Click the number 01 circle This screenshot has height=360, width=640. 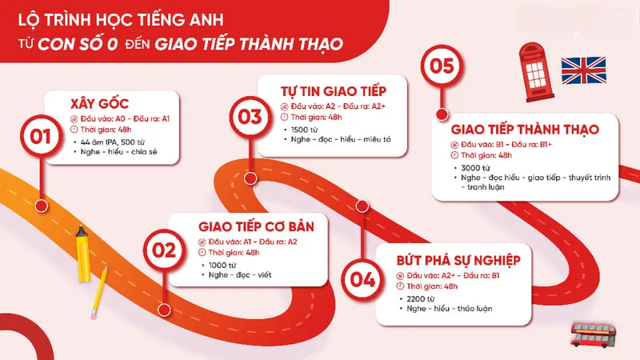35,137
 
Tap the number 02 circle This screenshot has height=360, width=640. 164,250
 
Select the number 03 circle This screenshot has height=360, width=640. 250,118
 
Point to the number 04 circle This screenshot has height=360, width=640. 362,280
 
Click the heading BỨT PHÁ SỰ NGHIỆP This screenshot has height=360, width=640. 458,260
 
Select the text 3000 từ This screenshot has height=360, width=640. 472,168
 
